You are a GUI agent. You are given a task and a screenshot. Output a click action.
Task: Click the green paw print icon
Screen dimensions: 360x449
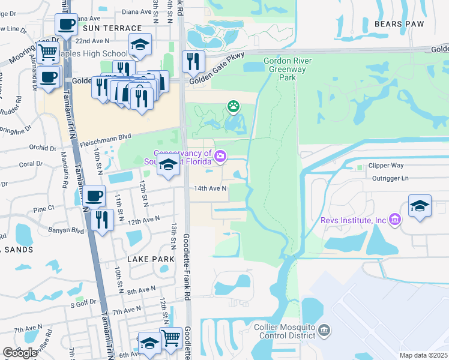233,107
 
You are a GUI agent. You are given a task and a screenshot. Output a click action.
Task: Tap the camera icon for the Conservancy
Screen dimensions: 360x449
220,157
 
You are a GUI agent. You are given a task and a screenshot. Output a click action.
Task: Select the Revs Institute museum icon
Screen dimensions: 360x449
394,220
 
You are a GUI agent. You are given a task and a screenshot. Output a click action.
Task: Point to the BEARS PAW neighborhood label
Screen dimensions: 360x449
399,24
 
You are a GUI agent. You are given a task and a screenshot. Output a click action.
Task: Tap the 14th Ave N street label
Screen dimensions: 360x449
209,188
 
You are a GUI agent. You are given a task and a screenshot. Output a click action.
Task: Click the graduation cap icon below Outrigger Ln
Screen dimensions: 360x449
420,205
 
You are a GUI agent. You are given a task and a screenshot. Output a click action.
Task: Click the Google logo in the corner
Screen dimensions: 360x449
20,353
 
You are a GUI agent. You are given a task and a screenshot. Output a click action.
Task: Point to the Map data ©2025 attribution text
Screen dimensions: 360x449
423,355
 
